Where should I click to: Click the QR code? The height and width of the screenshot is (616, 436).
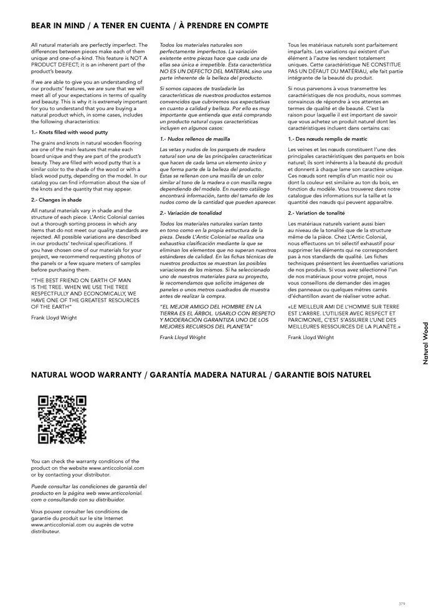62,420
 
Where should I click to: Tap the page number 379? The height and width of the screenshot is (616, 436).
401,604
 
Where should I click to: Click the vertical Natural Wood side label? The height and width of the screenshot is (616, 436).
425,343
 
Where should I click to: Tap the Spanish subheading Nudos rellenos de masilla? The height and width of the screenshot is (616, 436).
194,139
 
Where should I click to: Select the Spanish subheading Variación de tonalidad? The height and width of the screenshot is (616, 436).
191,213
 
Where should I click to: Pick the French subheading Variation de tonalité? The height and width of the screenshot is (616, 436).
317,213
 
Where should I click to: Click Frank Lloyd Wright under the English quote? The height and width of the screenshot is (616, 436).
54,317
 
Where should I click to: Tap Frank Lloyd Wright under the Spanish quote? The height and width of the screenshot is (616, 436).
182,337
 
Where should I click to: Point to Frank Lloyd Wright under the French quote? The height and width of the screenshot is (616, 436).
311,337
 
